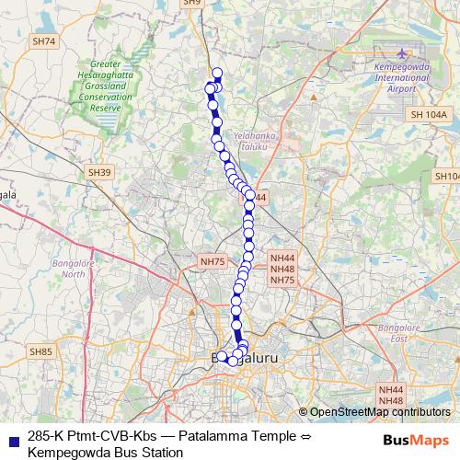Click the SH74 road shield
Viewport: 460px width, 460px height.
click(43, 41)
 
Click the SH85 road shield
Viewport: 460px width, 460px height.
click(41, 351)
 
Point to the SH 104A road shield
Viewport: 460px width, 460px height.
click(429, 113)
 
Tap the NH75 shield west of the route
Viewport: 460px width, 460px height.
click(212, 262)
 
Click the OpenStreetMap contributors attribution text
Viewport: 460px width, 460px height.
click(379, 412)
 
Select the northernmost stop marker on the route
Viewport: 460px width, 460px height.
click(217, 74)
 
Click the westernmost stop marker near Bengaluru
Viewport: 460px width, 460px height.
click(221, 356)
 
